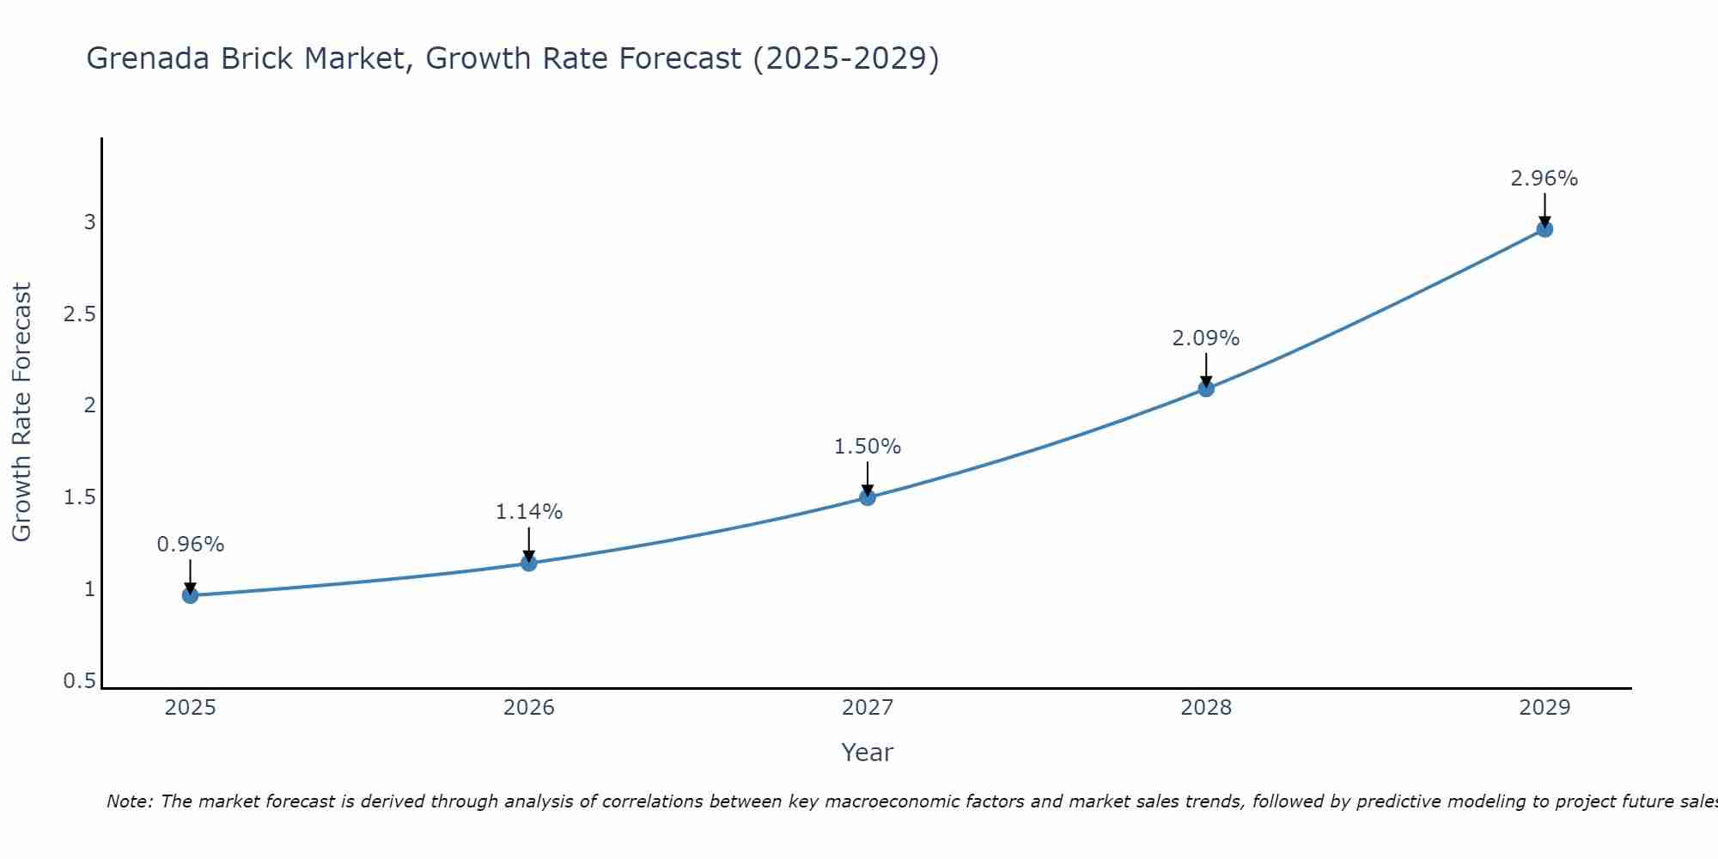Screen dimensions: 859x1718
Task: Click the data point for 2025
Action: click(191, 595)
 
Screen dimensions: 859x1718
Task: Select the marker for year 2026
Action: click(529, 564)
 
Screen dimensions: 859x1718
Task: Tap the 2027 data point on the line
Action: click(868, 497)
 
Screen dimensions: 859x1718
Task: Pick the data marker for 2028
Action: click(1206, 389)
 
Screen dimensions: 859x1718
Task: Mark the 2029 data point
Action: click(1544, 229)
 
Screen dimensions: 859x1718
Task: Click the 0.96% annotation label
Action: click(191, 545)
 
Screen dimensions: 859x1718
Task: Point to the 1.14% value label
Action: click(529, 512)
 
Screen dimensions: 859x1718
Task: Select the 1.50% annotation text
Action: click(868, 447)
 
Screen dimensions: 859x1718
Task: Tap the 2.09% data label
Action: click(1206, 338)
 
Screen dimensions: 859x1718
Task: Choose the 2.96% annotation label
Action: click(1544, 179)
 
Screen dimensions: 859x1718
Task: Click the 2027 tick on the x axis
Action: click(868, 708)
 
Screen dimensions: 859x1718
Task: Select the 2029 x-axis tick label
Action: click(1544, 708)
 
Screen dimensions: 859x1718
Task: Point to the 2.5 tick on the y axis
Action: click(80, 314)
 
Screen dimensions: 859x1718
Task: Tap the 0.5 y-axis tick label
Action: click(80, 681)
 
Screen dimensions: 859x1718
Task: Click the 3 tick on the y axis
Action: click(89, 222)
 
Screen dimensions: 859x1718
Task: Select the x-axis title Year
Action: click(868, 752)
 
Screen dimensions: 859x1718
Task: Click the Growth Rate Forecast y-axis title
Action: click(21, 412)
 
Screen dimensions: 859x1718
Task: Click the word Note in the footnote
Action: click(129, 801)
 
